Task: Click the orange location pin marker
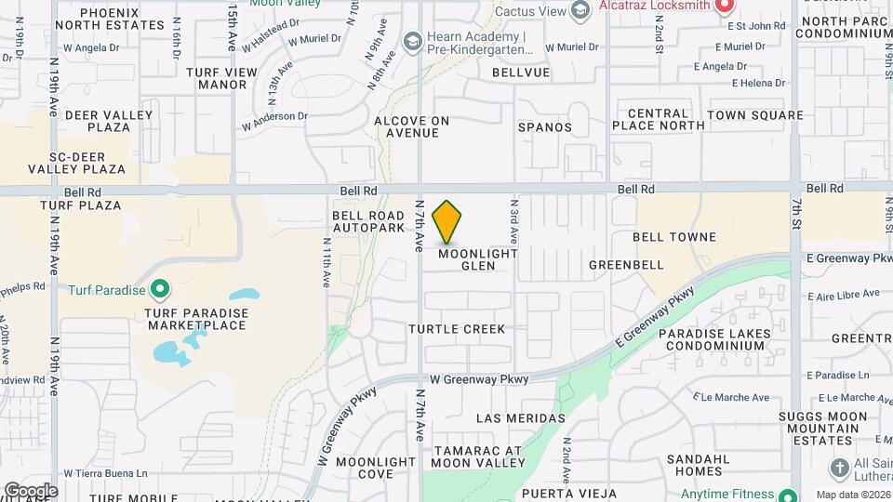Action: click(447, 221)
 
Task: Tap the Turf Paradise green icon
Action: click(161, 290)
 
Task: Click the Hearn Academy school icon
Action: click(412, 42)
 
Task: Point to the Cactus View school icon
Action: click(580, 11)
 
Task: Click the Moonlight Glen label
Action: click(478, 259)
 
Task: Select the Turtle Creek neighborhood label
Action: click(457, 329)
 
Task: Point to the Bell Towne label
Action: click(674, 237)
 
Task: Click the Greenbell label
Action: click(627, 265)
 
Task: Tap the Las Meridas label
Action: click(520, 418)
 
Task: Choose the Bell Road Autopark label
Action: click(368, 221)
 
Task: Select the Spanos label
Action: click(545, 126)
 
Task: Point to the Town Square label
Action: click(754, 115)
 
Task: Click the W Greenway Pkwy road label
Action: click(479, 379)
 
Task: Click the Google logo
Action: click(31, 490)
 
